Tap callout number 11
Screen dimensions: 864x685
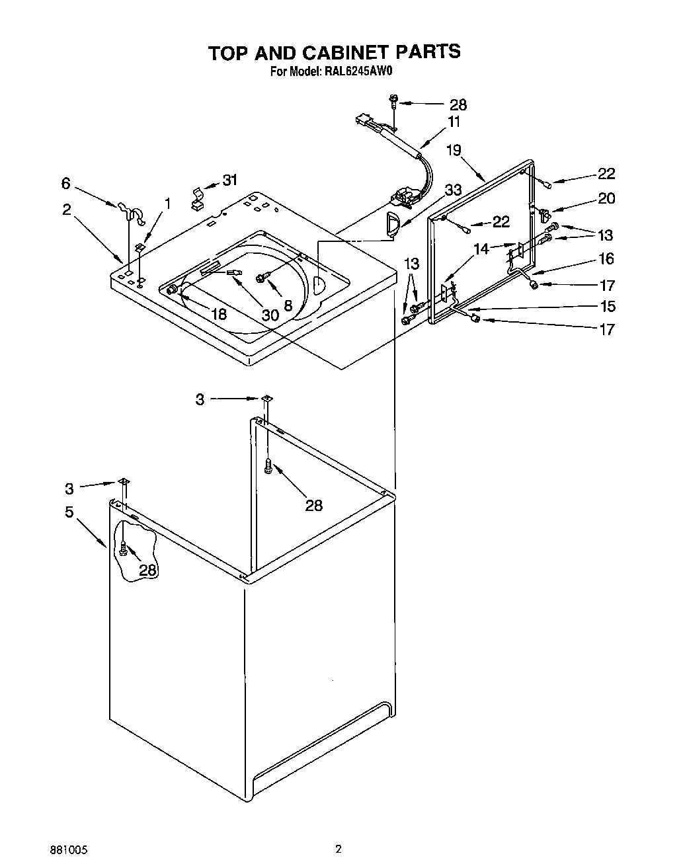click(454, 122)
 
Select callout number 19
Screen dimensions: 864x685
click(453, 150)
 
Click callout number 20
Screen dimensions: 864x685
click(606, 198)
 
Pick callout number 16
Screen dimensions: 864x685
click(606, 258)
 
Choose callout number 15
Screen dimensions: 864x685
click(606, 306)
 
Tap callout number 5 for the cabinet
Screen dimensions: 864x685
click(69, 512)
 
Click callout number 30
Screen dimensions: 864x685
click(270, 315)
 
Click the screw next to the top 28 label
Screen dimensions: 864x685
click(394, 102)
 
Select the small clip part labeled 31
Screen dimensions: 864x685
click(196, 198)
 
